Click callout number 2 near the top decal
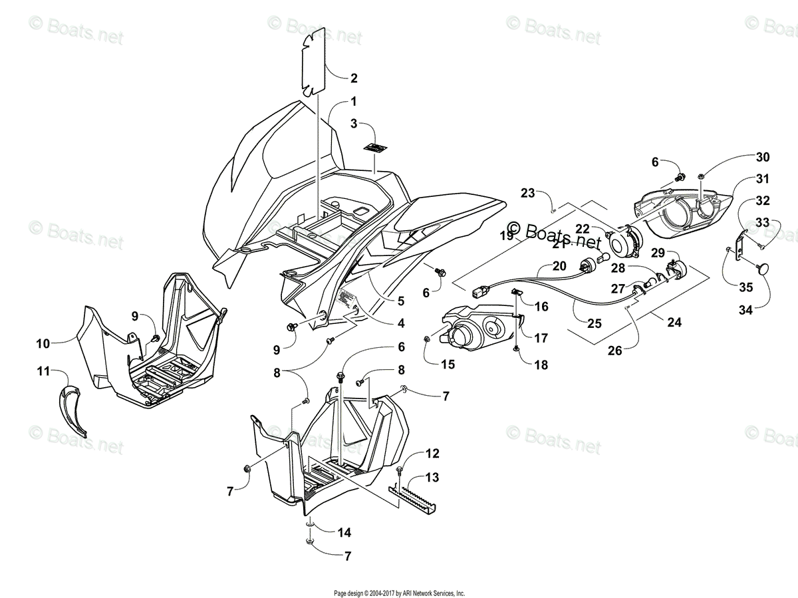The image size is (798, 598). (354, 78)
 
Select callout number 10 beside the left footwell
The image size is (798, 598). (43, 344)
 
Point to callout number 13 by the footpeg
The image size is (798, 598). (432, 478)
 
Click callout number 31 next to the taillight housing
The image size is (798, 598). (762, 178)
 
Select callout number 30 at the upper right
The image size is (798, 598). (762, 157)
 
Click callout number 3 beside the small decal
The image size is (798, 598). (354, 123)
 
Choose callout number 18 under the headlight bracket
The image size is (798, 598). (540, 365)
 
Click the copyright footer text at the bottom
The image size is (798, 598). (399, 593)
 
